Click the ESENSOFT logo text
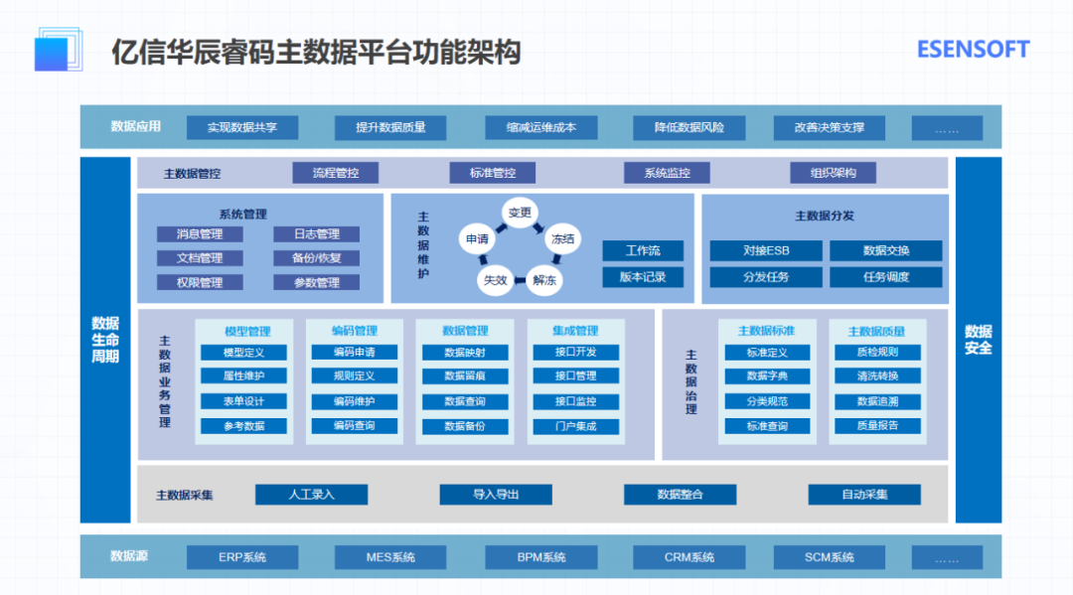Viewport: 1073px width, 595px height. pos(973,50)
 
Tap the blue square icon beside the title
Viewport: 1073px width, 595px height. pos(59,50)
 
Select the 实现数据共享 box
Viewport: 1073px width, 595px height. pos(241,128)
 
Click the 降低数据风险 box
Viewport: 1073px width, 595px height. pos(689,128)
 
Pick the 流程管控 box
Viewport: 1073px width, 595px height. pos(336,174)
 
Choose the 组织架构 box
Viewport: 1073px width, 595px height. pos(835,174)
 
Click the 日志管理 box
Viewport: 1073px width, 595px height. pos(316,234)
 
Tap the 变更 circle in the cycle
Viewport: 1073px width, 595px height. pos(520,213)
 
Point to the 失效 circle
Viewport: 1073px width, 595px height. pos(495,280)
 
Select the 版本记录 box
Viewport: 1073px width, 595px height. pos(642,277)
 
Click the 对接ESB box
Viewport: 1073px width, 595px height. pos(766,251)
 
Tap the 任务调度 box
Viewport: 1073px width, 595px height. pos(886,277)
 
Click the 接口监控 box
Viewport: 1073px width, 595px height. pos(576,401)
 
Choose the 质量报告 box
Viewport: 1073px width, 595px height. pos(876,426)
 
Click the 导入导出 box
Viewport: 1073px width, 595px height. pos(496,495)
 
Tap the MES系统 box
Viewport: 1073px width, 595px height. pos(390,557)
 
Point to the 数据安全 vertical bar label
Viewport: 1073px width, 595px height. pos(978,340)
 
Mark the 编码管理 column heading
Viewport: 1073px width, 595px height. pos(354,331)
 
